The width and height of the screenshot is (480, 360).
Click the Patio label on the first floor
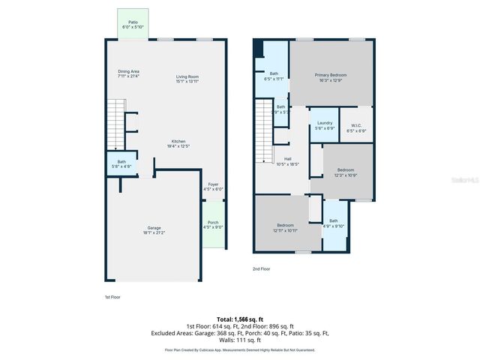(x=133, y=25)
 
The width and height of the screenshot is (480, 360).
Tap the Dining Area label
(x=128, y=73)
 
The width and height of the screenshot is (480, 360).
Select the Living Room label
(x=187, y=78)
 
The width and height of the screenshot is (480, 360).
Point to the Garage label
(x=154, y=229)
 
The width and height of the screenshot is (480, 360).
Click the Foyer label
(x=213, y=187)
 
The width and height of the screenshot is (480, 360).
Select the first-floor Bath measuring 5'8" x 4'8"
(x=121, y=163)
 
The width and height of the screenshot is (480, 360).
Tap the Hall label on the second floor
(x=287, y=161)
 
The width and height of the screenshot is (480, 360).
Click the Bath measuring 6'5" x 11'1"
(x=274, y=75)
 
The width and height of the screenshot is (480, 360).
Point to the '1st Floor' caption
(x=112, y=297)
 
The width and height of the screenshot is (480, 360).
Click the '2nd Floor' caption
(x=261, y=268)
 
